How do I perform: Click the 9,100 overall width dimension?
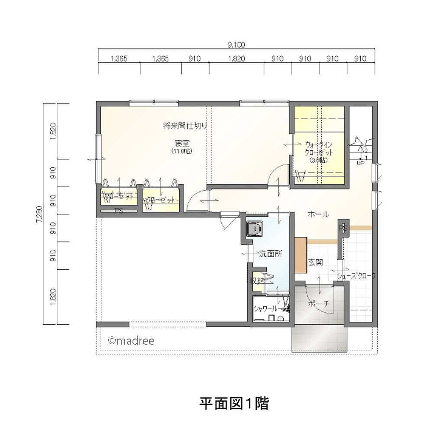click(236, 44)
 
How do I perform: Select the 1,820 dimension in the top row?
click(237, 59)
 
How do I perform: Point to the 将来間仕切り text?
click(185, 126)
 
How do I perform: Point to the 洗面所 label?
click(271, 255)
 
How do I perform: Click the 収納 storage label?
click(259, 281)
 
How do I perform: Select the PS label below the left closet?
click(118, 212)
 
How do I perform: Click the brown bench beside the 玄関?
click(300, 255)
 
